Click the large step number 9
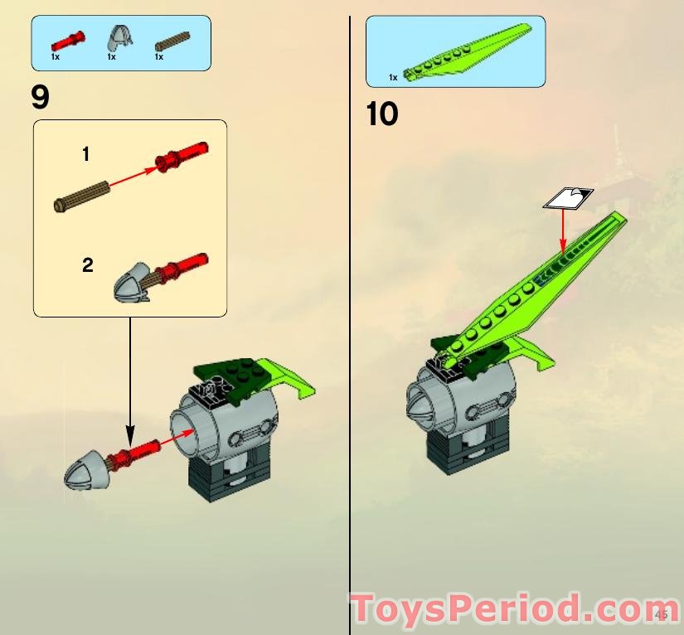(x=40, y=98)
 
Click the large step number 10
(x=382, y=114)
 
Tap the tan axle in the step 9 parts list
(x=172, y=38)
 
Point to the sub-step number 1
(x=86, y=154)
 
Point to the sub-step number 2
(x=87, y=265)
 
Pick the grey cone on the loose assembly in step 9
(x=84, y=469)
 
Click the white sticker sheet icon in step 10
(x=568, y=197)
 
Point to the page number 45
(x=662, y=614)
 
